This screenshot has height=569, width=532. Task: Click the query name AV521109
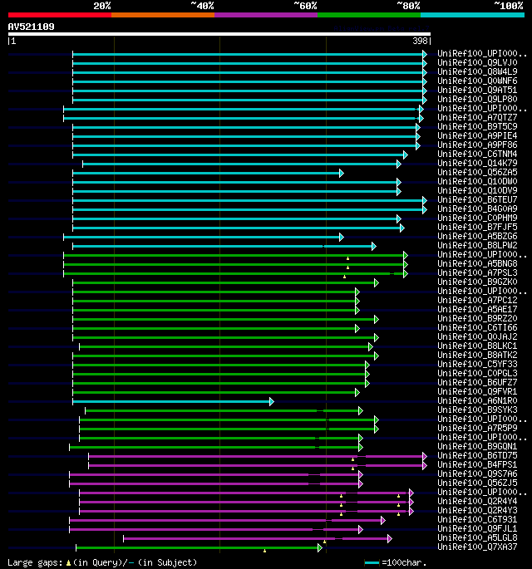[32, 27]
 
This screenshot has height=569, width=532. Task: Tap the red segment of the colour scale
[59, 14]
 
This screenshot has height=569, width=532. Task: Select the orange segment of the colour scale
[162, 14]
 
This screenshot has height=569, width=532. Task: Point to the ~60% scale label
[305, 5]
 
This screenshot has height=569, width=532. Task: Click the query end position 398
[421, 41]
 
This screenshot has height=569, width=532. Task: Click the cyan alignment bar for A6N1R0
[170, 401]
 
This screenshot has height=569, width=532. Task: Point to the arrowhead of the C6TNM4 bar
[406, 155]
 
